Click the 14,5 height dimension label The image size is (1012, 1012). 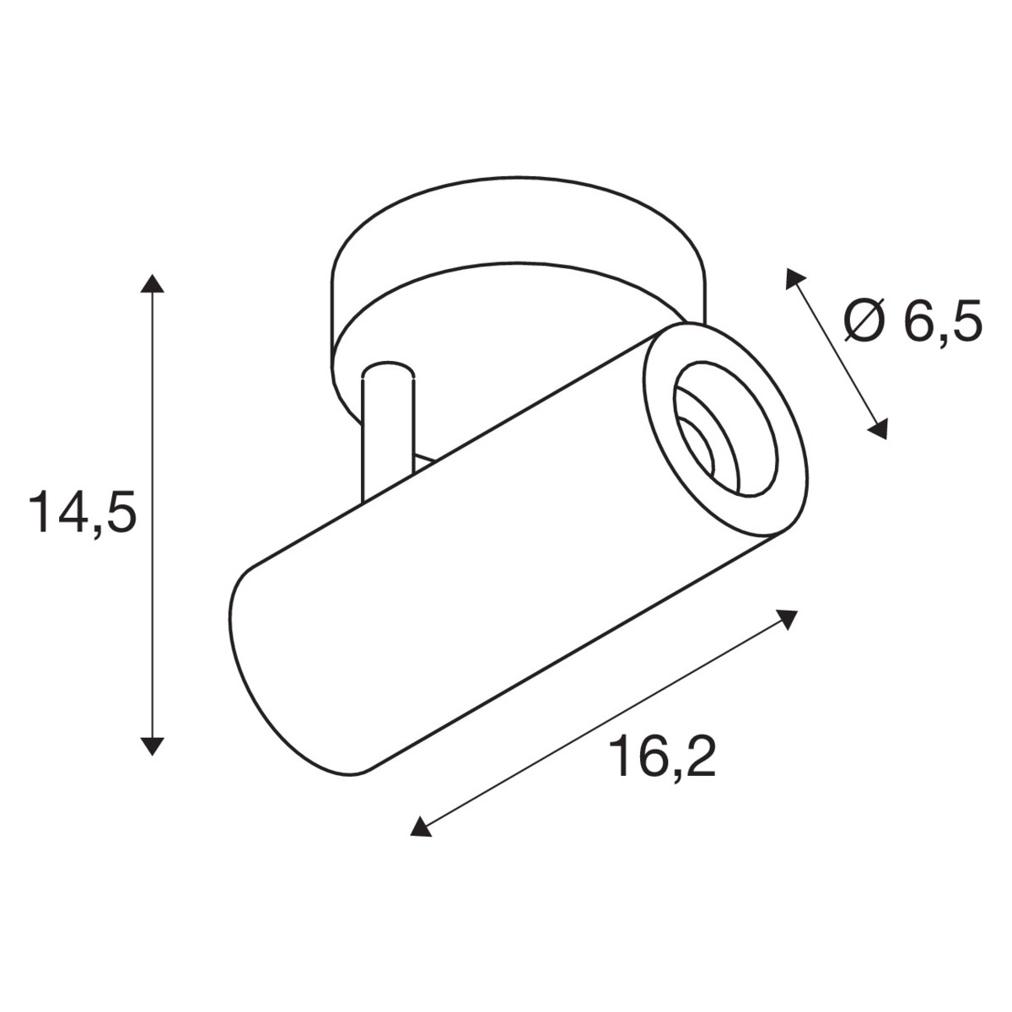point(83,511)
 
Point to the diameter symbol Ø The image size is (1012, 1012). point(865,321)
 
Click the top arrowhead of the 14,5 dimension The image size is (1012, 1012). point(153,283)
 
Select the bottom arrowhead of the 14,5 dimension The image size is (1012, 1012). point(153,746)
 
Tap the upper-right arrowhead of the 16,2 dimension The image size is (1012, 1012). point(786,619)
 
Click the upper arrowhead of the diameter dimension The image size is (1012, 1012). point(794,277)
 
